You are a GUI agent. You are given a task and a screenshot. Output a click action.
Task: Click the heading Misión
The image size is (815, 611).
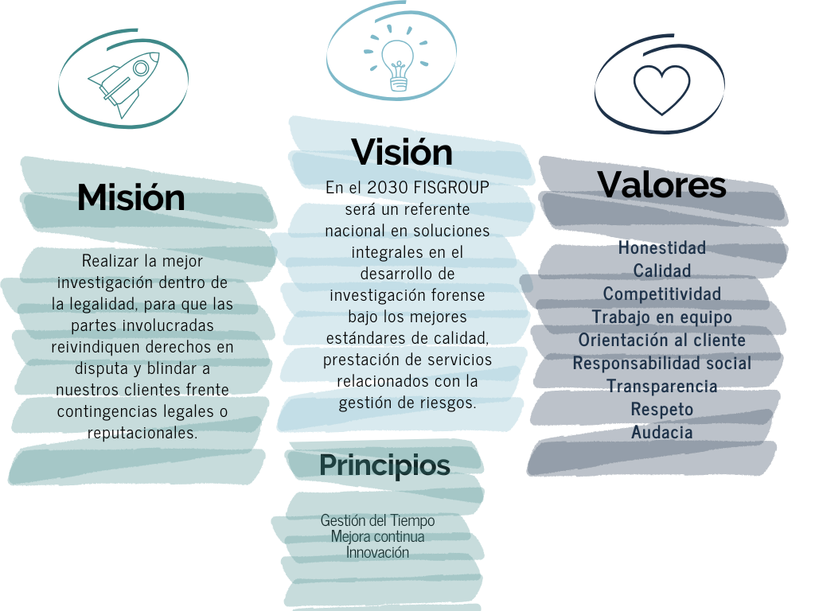tap(131, 197)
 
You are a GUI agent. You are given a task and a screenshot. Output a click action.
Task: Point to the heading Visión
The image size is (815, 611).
tap(402, 152)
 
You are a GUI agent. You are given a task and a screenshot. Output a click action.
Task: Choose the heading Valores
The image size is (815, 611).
tap(661, 185)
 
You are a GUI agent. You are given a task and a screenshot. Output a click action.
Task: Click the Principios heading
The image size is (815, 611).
tap(384, 465)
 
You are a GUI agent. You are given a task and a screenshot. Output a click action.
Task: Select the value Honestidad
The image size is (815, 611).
tap(662, 247)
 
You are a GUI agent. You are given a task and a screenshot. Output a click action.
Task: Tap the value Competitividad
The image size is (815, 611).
tap(662, 294)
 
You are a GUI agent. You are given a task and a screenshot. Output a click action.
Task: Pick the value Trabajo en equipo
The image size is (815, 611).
tap(662, 317)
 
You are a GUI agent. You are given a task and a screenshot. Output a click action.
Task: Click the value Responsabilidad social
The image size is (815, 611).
tap(662, 363)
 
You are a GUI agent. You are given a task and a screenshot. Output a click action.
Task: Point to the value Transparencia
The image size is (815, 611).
tap(662, 386)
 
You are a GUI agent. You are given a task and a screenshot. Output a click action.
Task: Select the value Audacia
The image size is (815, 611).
tap(662, 432)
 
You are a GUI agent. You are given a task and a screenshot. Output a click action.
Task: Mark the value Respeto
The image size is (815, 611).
tap(662, 409)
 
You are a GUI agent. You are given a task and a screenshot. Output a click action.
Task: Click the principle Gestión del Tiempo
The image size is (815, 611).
tap(378, 520)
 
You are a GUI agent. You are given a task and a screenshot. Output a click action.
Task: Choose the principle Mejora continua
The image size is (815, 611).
tap(378, 536)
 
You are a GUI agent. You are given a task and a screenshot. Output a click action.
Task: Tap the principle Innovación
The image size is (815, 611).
tap(378, 552)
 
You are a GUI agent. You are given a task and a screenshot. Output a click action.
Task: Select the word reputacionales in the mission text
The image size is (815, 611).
tap(142, 434)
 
